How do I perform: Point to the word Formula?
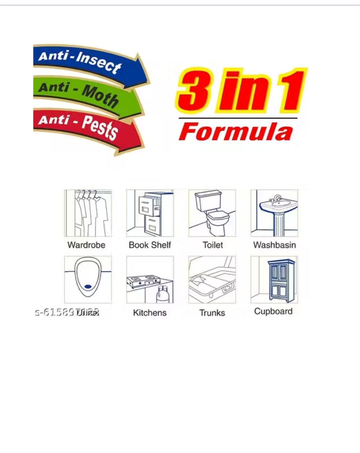pyautogui.click(x=236, y=132)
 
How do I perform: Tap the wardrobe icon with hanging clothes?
pyautogui.click(x=88, y=213)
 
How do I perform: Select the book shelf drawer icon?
pyautogui.click(x=150, y=213)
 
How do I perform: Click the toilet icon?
pyautogui.click(x=212, y=213)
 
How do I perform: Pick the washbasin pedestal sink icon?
pyautogui.click(x=274, y=213)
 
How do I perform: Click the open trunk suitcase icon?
pyautogui.click(x=212, y=280)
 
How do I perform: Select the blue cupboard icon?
pyautogui.click(x=274, y=280)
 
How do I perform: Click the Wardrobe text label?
pyautogui.click(x=86, y=245)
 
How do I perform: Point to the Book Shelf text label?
pyautogui.click(x=150, y=245)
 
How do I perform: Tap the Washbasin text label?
pyautogui.click(x=274, y=245)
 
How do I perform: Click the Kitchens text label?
pyautogui.click(x=150, y=313)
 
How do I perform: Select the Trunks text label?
pyautogui.click(x=212, y=313)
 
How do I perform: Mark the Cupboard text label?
pyautogui.click(x=273, y=311)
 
